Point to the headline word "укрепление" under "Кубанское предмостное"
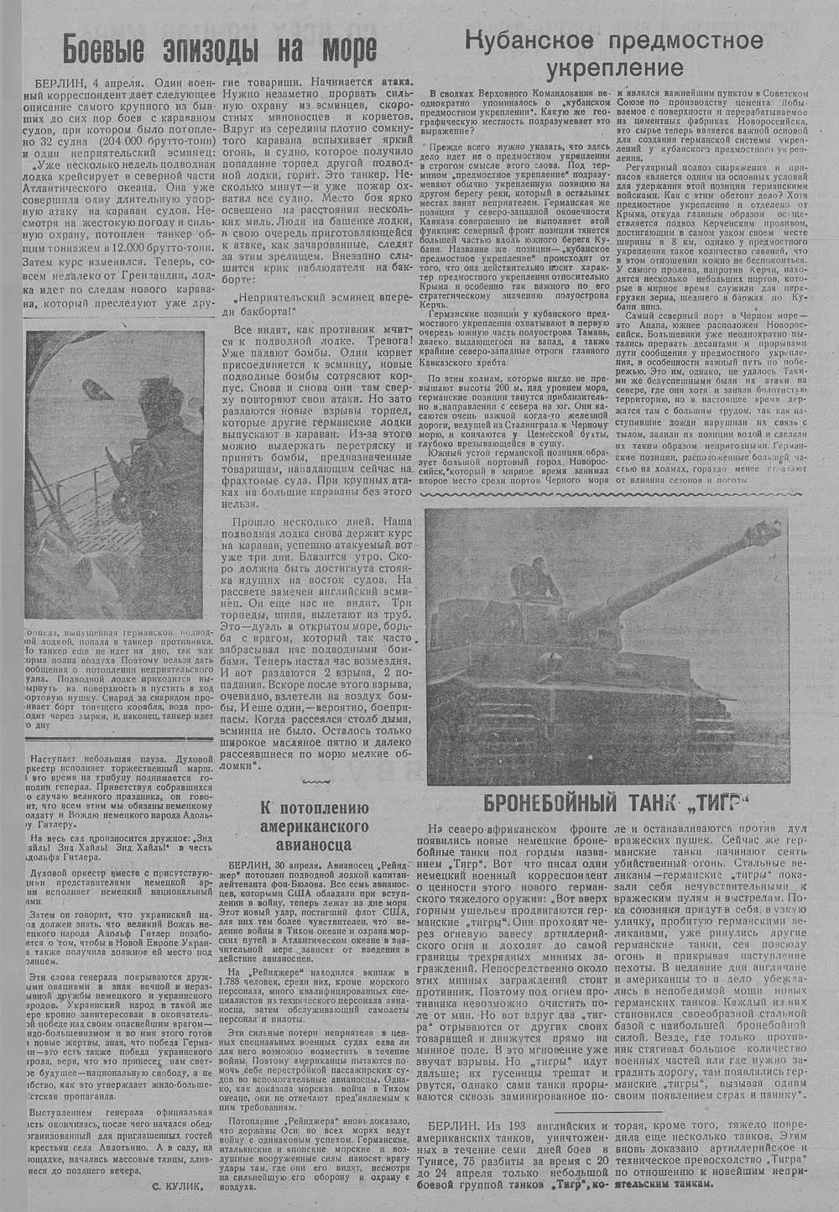[614, 66]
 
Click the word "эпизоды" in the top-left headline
[223, 49]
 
